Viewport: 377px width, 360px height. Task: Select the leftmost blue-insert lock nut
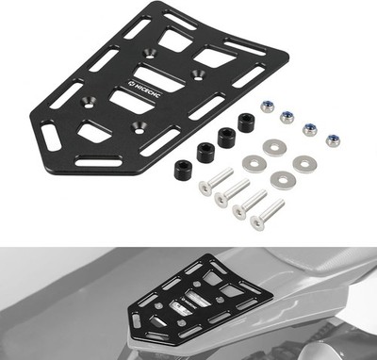tap(267, 106)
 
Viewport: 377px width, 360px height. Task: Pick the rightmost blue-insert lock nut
tap(334, 140)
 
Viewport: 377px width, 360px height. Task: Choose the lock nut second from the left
tap(287, 118)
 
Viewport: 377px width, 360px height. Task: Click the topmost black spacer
tap(247, 123)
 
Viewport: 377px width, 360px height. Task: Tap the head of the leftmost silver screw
tap(205, 188)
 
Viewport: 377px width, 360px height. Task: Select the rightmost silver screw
tap(267, 214)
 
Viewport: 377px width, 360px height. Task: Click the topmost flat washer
tap(274, 148)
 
